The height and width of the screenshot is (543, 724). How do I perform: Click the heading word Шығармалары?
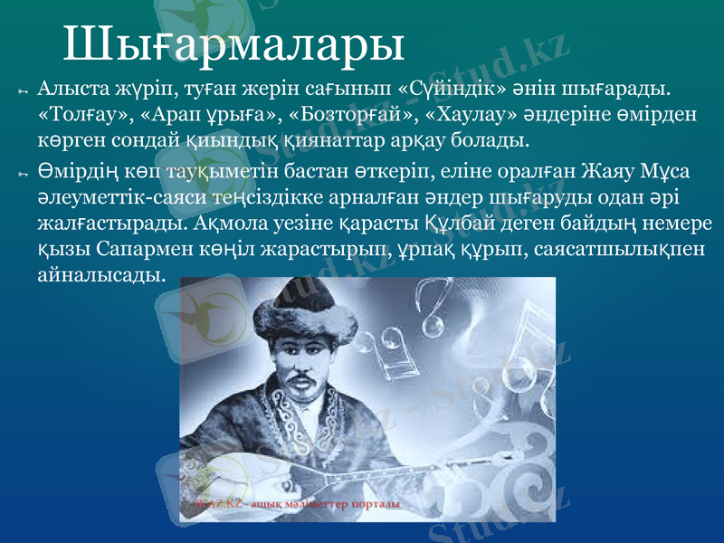pos(233,43)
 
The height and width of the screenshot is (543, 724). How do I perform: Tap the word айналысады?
pos(102,274)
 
